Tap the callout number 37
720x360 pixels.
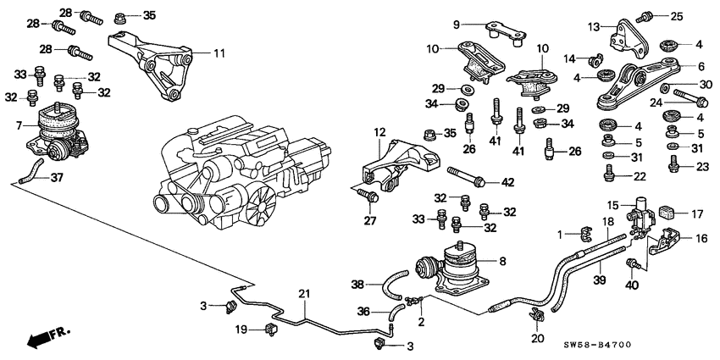click(x=57, y=178)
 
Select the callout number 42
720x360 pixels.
click(x=507, y=181)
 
